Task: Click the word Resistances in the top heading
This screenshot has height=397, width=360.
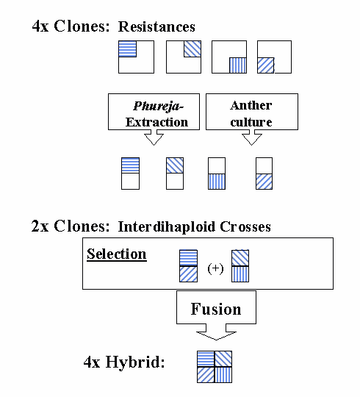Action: point(156,26)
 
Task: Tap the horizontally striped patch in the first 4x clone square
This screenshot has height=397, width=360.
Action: point(128,49)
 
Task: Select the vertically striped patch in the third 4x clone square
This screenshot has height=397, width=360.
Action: point(238,65)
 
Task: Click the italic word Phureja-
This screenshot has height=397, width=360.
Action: point(159,107)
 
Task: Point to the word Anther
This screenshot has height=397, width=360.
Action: point(251,105)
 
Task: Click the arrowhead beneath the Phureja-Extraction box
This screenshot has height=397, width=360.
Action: point(154,139)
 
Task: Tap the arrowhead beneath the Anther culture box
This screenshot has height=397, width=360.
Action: point(252,139)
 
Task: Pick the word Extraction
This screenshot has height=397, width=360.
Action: point(156,122)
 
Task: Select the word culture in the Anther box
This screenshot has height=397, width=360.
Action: point(251,122)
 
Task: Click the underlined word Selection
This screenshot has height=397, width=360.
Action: point(117,254)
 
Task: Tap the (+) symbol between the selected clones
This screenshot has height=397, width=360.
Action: point(215,268)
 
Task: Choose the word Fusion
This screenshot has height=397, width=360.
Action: point(216,309)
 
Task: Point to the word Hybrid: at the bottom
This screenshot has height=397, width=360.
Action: point(135,362)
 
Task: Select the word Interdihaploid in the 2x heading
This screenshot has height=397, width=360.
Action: point(167,226)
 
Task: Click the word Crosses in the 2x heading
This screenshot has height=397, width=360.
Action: point(245,226)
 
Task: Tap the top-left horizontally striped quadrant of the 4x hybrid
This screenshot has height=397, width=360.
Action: point(206,359)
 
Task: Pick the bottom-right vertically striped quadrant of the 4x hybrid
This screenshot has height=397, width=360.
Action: point(223,375)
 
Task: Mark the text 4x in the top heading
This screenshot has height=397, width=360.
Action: point(40,26)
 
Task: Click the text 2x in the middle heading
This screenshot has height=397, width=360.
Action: point(40,226)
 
